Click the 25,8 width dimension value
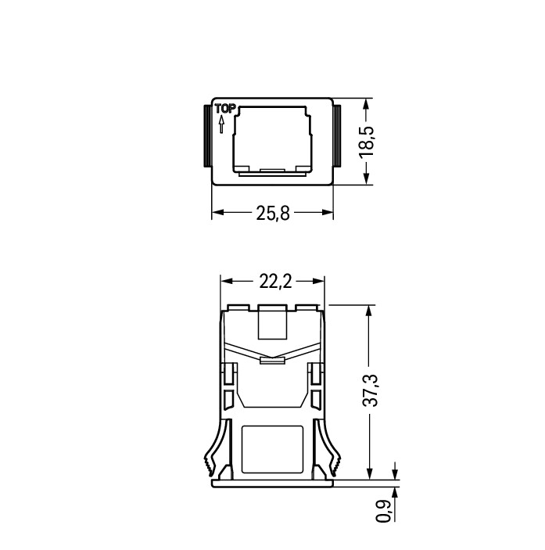pos(273,213)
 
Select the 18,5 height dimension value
pos(367,142)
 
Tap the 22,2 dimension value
pos(275,282)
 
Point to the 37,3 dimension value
pos(370,390)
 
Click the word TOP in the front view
pos(225,109)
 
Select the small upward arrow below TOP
pos(221,125)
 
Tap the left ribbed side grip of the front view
pos(207,136)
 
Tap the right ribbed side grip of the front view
pos(337,136)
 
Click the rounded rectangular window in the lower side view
pos(272,449)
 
